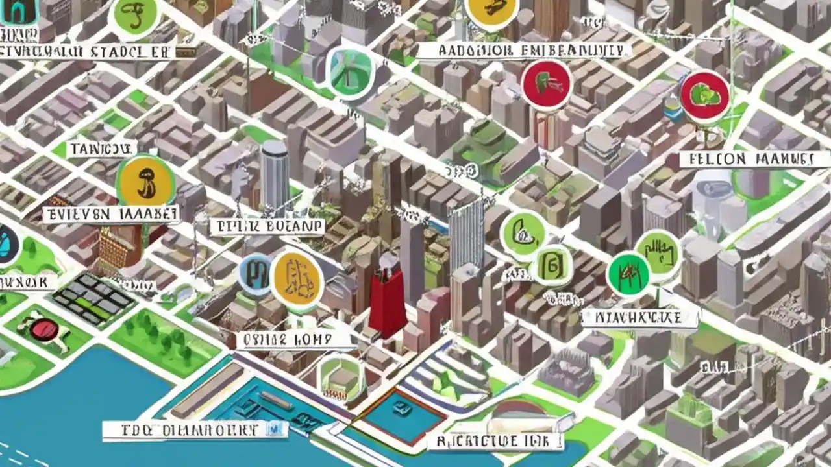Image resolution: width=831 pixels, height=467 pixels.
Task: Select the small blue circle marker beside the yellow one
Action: [x=255, y=275]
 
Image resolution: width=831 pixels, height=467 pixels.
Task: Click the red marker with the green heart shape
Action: [x=704, y=96]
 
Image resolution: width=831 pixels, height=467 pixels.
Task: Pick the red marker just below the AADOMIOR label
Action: [x=546, y=85]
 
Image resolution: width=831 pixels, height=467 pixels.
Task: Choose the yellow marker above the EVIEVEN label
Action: [x=145, y=180]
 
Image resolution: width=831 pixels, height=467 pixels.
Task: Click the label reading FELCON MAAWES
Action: [x=747, y=160]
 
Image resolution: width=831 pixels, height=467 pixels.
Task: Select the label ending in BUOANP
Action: [x=267, y=226]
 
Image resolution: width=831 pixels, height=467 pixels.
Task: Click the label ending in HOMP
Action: [x=285, y=339]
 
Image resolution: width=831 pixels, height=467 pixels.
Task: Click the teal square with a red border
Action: [x=403, y=416]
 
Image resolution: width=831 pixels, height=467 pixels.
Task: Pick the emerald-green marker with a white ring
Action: [x=628, y=274]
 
